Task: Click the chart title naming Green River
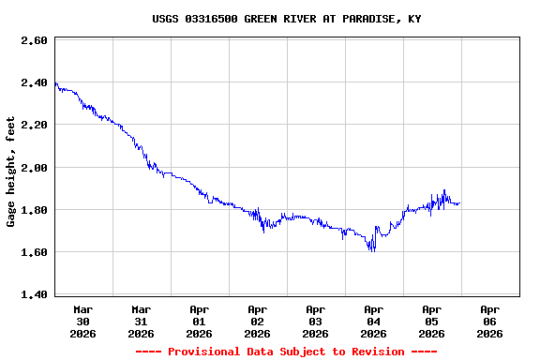(x=286, y=19)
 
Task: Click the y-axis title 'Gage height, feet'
(x=11, y=172)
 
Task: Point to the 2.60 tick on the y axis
(x=34, y=41)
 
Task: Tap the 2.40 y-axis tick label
(x=34, y=83)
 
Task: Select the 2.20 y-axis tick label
(x=34, y=125)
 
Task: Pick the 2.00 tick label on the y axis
(x=34, y=168)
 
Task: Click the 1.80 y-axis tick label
(x=34, y=210)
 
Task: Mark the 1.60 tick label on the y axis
(x=34, y=252)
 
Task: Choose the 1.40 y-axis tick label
(x=34, y=294)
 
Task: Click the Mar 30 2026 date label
(x=83, y=321)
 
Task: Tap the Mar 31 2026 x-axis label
(x=142, y=321)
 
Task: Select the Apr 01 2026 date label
(x=200, y=321)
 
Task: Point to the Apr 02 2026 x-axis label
(x=258, y=321)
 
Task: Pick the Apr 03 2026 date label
(x=316, y=321)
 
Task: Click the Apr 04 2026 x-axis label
(x=374, y=321)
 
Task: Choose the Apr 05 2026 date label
(x=432, y=321)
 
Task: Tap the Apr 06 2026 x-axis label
(x=490, y=321)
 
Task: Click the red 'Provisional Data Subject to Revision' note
(x=286, y=352)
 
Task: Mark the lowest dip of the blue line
(x=373, y=250)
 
